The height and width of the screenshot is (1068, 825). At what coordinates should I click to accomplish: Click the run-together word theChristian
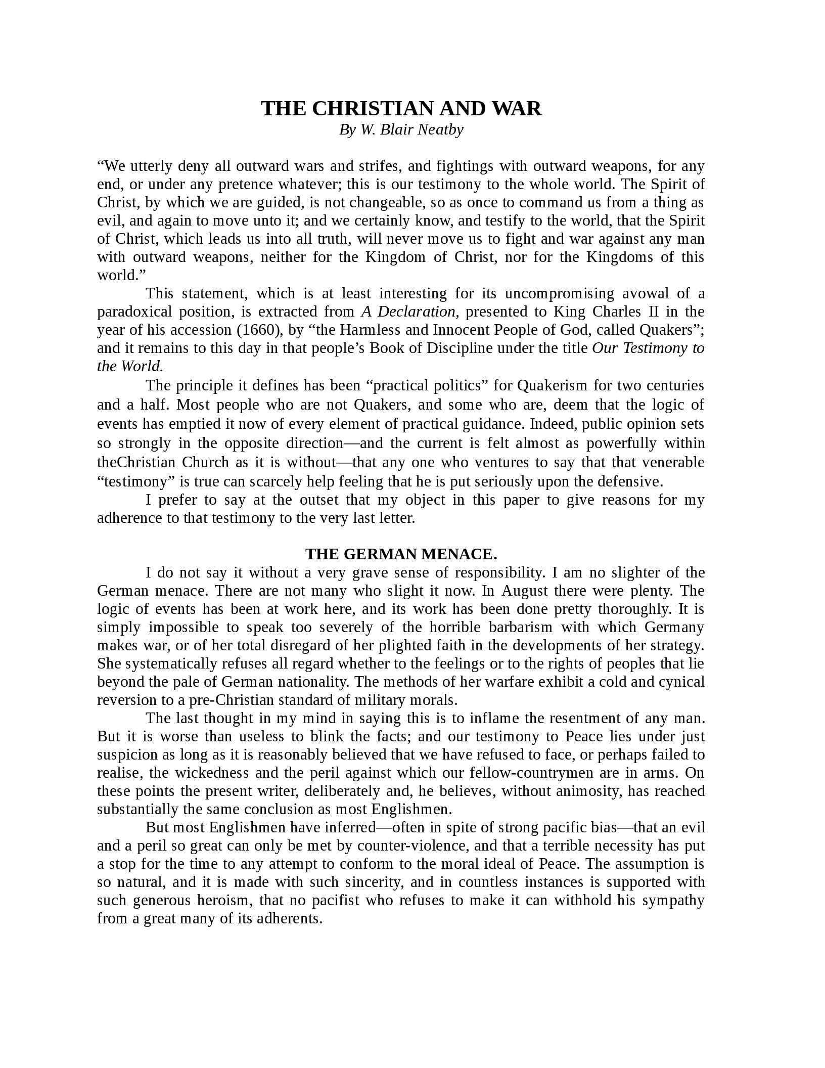[x=136, y=462]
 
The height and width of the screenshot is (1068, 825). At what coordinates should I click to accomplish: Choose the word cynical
[x=681, y=682]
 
